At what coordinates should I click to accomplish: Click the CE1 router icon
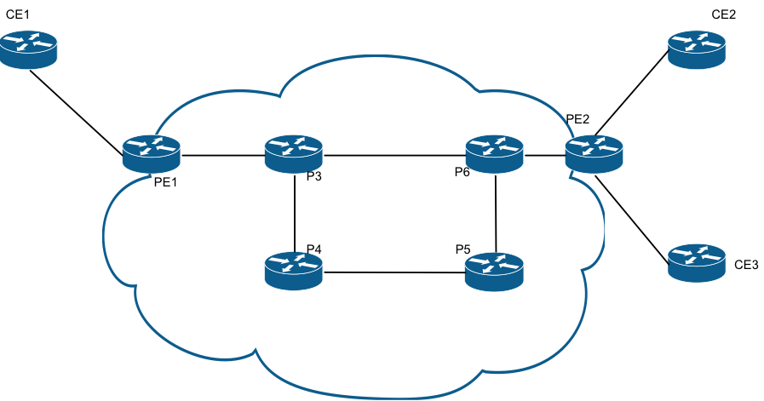[x=28, y=49]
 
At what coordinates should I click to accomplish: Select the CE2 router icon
[x=696, y=49]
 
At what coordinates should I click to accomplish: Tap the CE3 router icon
[x=696, y=262]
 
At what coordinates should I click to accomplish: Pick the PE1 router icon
[x=152, y=154]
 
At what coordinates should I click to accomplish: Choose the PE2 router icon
[x=594, y=154]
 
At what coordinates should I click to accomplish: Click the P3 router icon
[x=294, y=154]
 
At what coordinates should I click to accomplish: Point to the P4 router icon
[x=294, y=271]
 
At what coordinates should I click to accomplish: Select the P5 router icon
[x=495, y=272]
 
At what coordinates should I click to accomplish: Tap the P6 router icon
[x=495, y=154]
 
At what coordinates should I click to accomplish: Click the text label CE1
[x=18, y=14]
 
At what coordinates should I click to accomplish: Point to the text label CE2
[x=724, y=14]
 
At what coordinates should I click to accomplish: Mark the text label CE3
[x=746, y=265]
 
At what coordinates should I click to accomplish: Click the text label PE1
[x=166, y=182]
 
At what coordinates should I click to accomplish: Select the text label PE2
[x=577, y=119]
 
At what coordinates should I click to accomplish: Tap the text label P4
[x=313, y=249]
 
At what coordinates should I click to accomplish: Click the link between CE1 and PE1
[x=77, y=113]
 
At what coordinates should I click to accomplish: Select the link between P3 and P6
[x=394, y=156]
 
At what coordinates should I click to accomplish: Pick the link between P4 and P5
[x=394, y=272]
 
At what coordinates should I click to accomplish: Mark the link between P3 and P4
[x=295, y=213]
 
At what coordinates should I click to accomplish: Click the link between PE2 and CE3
[x=632, y=220]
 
